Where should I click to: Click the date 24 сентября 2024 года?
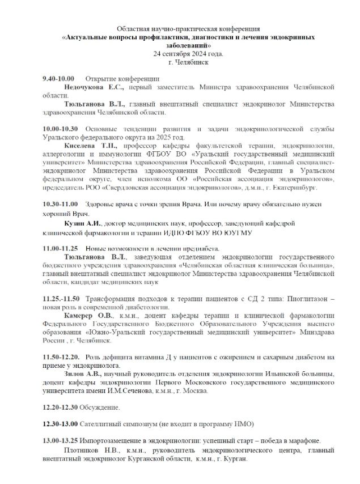[x=188, y=53]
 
